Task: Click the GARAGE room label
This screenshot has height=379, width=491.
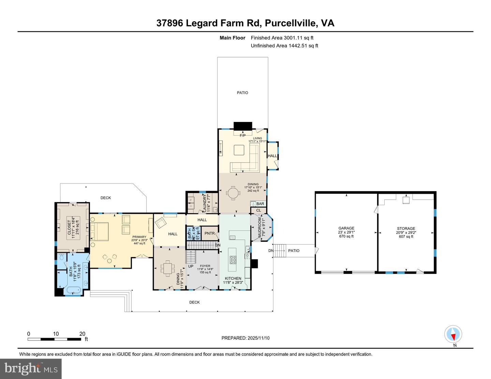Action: click(346, 228)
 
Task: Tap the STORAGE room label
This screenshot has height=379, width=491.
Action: click(406, 229)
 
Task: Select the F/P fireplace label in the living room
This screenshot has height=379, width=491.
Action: click(242, 136)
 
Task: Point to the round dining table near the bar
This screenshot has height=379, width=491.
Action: click(234, 193)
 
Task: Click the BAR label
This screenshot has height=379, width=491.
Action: click(260, 204)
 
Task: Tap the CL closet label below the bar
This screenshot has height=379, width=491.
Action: click(258, 210)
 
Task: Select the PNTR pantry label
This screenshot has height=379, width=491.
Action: click(210, 234)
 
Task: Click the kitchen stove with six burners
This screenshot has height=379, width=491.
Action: click(233, 260)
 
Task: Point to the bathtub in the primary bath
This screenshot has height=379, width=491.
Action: click(73, 291)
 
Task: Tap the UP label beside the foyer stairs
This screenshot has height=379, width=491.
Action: click(191, 266)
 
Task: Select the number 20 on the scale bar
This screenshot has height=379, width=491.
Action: click(82, 334)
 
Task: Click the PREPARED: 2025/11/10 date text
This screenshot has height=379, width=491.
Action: click(245, 338)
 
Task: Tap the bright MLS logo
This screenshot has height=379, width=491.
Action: click(31, 369)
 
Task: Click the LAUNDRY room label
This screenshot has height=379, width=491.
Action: click(205, 204)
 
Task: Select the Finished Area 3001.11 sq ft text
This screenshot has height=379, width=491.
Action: click(282, 38)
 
